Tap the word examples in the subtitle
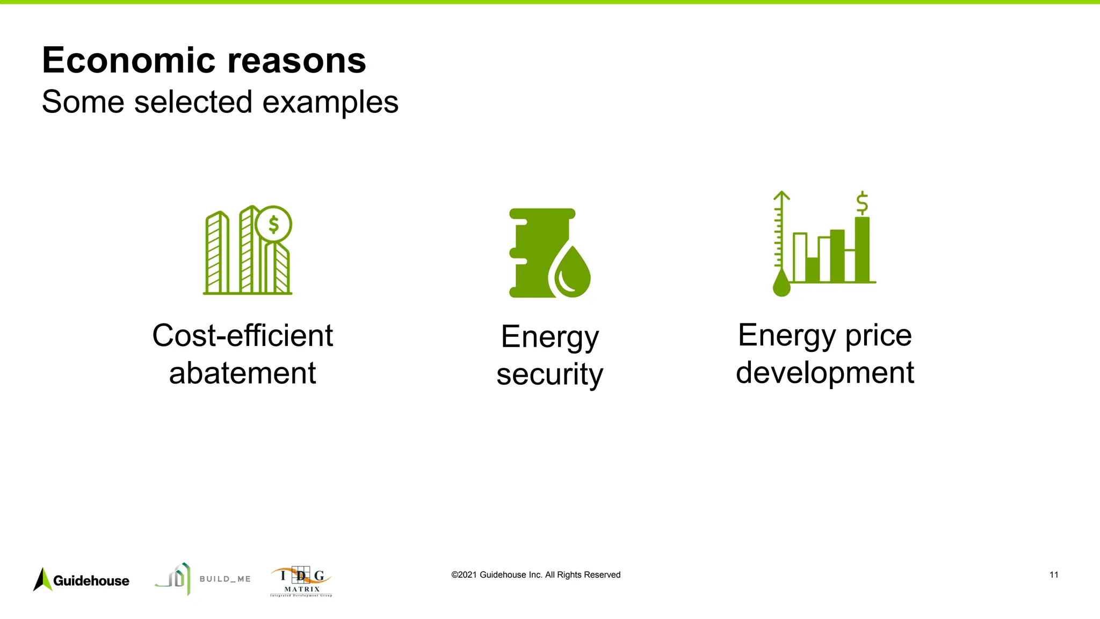[x=330, y=102]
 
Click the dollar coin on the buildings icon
[x=274, y=225]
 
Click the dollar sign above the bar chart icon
[x=862, y=203]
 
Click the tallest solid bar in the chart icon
[x=862, y=250]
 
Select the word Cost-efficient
[x=242, y=336]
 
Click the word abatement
[x=242, y=373]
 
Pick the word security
[x=549, y=374]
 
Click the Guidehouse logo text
[x=91, y=581]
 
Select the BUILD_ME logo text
[x=225, y=579]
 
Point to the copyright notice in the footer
[x=535, y=575]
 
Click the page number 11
[x=1054, y=575]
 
